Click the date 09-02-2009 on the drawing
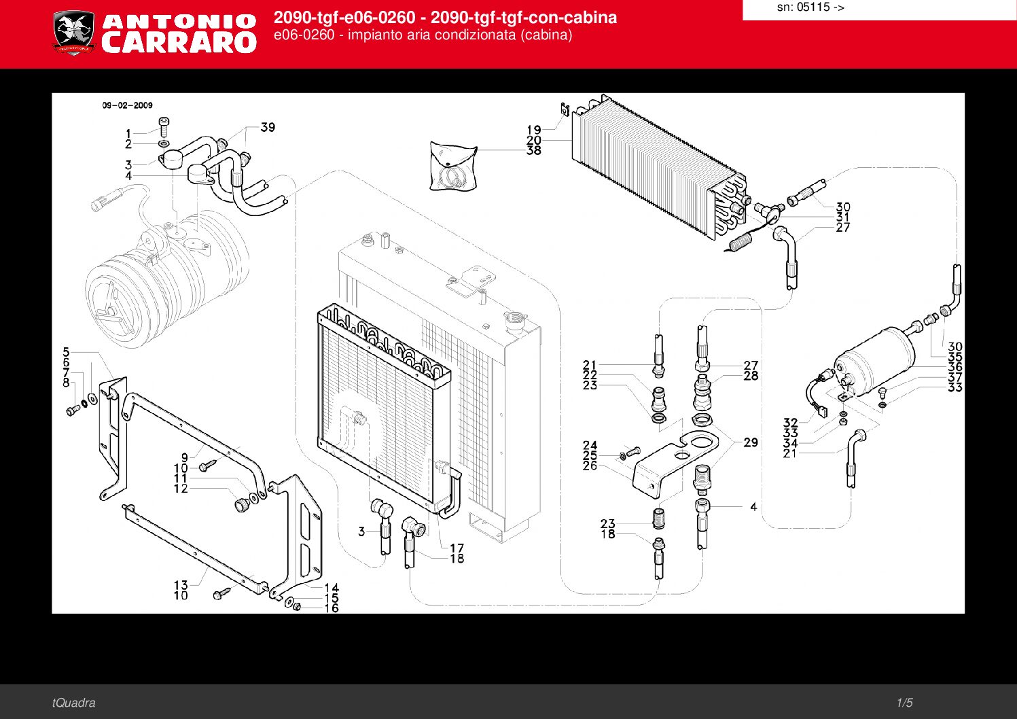click(x=128, y=105)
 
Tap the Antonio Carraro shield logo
click(x=74, y=33)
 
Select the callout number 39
click(x=268, y=128)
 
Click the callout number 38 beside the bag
click(x=534, y=150)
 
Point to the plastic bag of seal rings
click(x=453, y=166)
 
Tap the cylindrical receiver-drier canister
click(x=874, y=364)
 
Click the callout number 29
click(x=751, y=442)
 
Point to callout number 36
click(x=954, y=366)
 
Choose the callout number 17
click(x=457, y=548)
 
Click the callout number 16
click(x=332, y=608)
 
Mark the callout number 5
click(x=67, y=352)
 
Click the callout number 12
click(x=181, y=489)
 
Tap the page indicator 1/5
click(x=904, y=703)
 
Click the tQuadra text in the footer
click(x=73, y=703)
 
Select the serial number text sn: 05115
click(x=810, y=7)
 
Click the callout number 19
click(x=534, y=130)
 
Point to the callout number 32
click(x=791, y=423)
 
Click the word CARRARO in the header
click(x=179, y=42)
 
